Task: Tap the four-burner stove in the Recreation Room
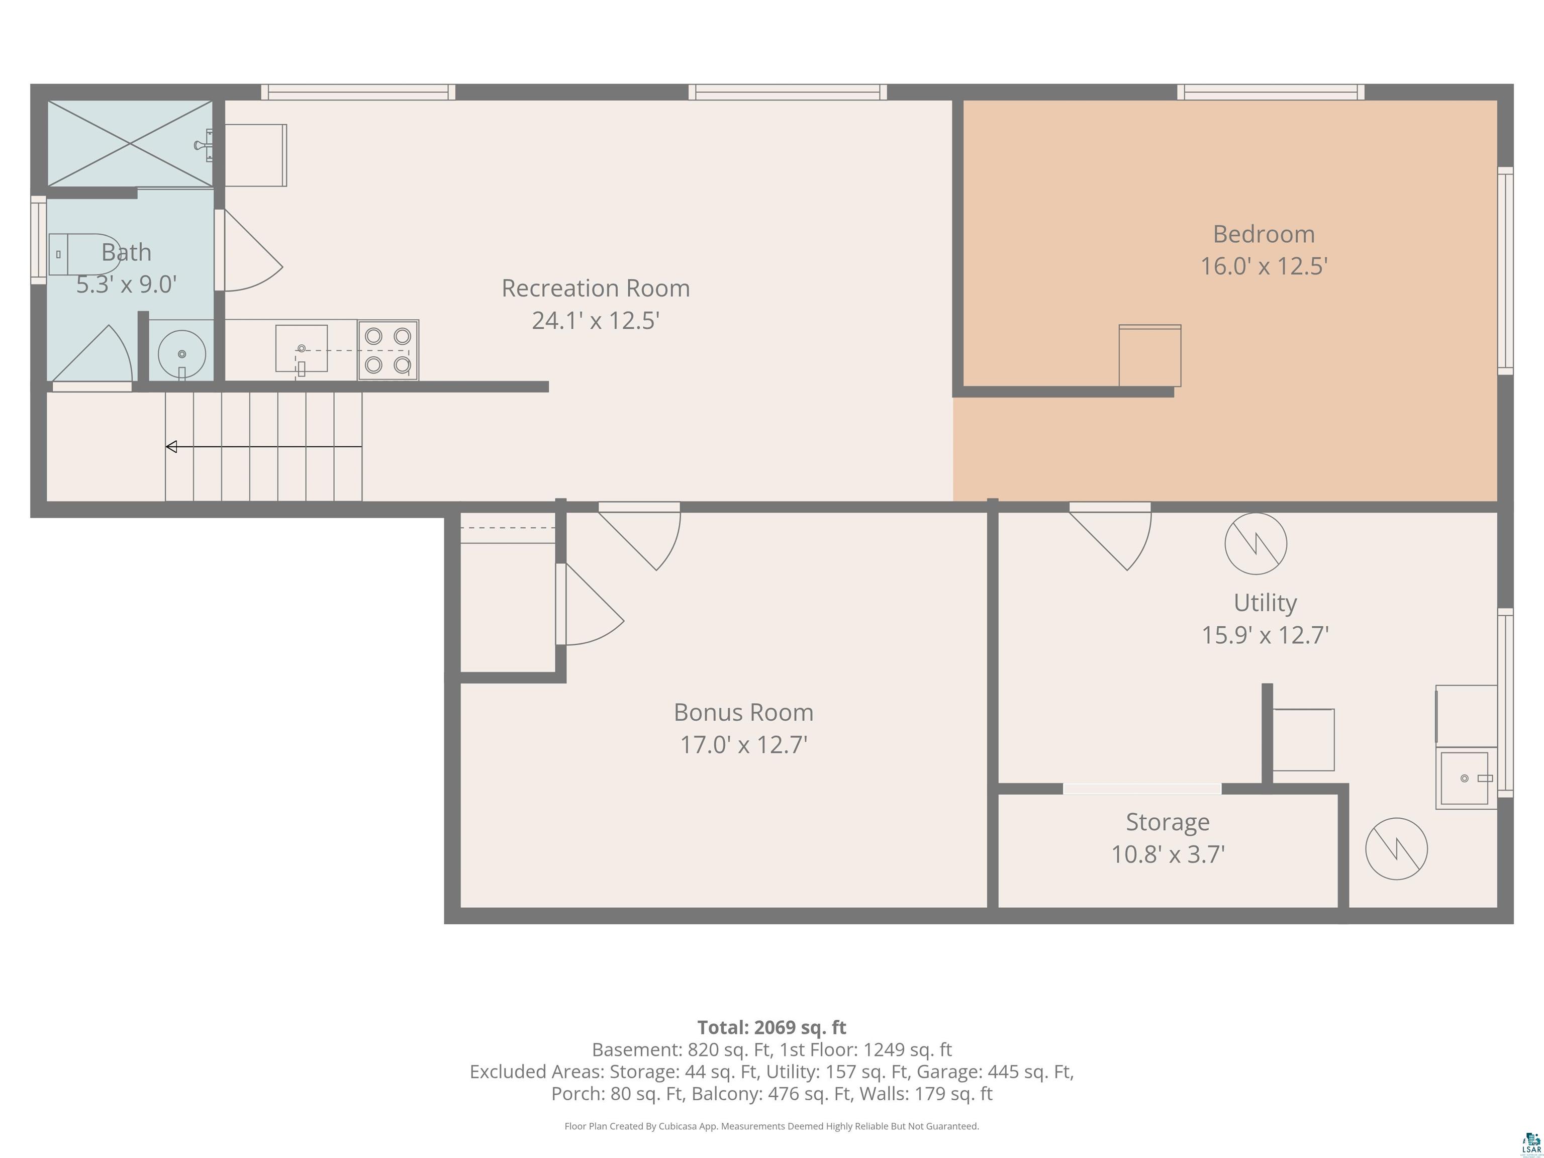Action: tap(388, 350)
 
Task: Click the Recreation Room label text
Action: tap(596, 288)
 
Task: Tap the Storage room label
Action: tap(1167, 822)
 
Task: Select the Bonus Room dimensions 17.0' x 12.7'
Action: tap(743, 745)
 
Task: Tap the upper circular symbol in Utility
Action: tap(1256, 544)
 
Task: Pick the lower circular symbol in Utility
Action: tap(1396, 849)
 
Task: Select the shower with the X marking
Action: tap(130, 144)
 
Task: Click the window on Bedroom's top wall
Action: tap(1271, 92)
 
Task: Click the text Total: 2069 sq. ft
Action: tap(771, 1027)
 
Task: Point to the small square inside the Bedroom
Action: tap(1149, 356)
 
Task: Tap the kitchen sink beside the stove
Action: tap(302, 348)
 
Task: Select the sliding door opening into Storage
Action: tap(1142, 789)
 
